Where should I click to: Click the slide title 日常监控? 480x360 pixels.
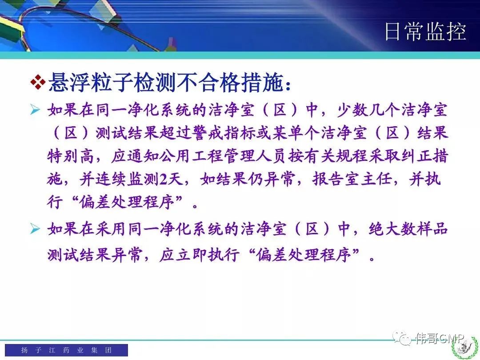tap(425, 31)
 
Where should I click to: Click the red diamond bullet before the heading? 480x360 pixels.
tap(38, 82)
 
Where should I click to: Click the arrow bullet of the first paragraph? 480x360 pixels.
tap(35, 109)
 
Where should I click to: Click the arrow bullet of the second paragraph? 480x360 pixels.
tap(35, 229)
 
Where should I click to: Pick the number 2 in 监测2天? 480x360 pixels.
tap(163, 179)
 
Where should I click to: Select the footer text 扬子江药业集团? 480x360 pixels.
tap(66, 350)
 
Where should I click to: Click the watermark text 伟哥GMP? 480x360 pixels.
tap(440, 338)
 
